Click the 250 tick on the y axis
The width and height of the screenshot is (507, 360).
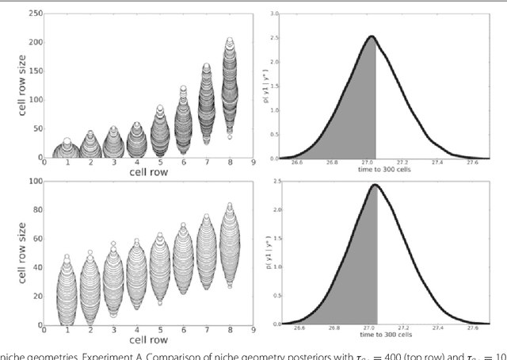coord(34,13)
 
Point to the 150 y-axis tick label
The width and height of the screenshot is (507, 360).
coord(34,71)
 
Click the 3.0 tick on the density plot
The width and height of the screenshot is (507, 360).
coord(273,13)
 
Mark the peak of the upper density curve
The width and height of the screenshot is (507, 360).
coord(370,36)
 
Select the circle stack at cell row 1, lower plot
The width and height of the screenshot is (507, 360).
coord(67,293)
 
